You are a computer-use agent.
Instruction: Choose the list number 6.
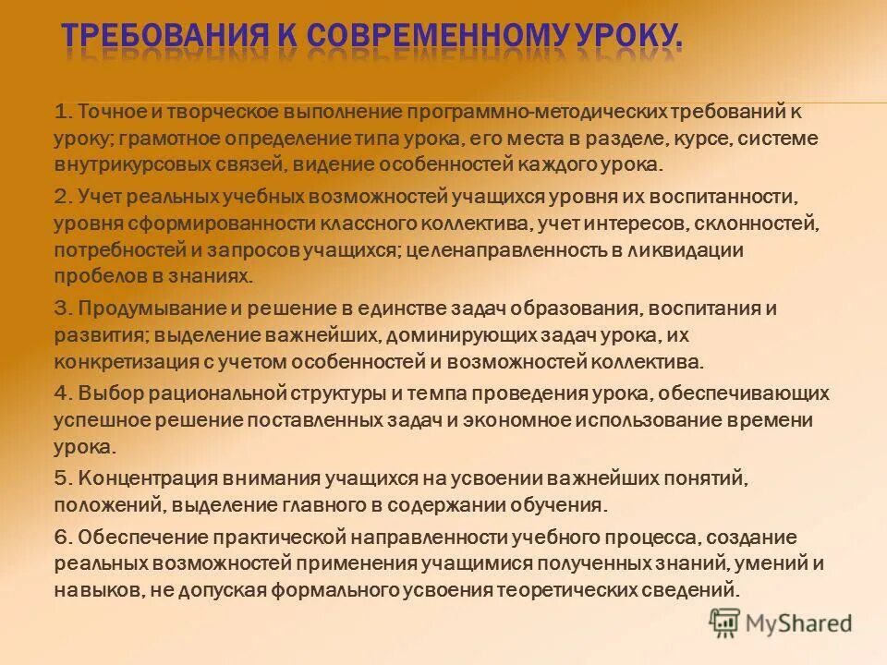[62, 537]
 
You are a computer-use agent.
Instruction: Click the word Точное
[110, 113]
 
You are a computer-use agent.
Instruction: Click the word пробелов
[93, 276]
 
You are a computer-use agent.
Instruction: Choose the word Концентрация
[137, 478]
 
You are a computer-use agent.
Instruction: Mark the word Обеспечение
[135, 537]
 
